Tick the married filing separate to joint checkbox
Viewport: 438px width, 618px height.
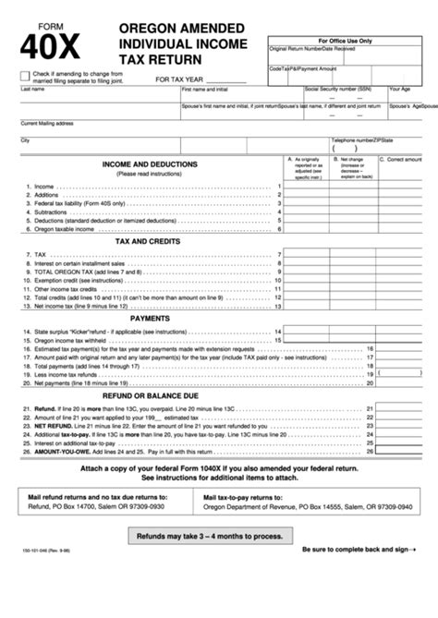click(24, 76)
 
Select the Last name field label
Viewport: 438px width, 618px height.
click(32, 90)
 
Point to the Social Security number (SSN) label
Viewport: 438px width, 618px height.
click(338, 90)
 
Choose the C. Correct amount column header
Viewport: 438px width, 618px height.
click(403, 159)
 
